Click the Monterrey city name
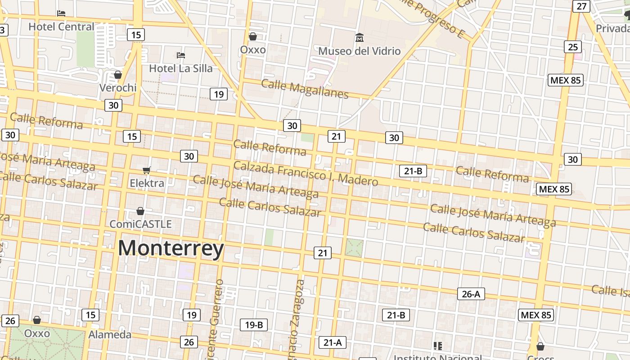171,248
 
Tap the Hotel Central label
61,27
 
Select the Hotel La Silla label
180,68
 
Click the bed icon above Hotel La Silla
181,55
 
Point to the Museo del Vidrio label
359,51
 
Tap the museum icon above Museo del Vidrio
359,37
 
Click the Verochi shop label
118,87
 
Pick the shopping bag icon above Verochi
118,75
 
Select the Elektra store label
147,183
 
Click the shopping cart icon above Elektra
146,171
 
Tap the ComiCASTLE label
141,224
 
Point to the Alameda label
110,334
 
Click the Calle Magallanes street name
305,89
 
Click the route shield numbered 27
581,6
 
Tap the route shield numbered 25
573,47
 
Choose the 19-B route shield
254,324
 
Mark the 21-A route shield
332,342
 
